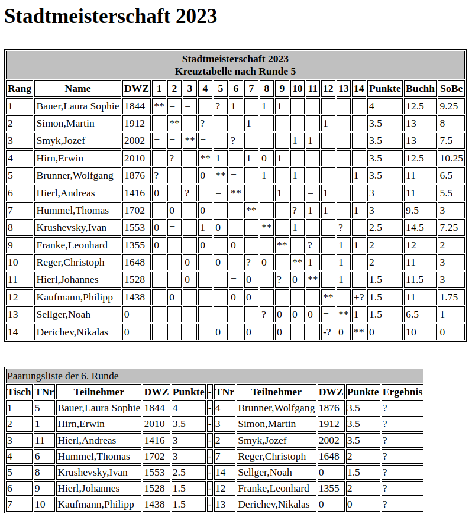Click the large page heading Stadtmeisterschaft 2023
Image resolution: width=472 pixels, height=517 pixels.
pos(111,17)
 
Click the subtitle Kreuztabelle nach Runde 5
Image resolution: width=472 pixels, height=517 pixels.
pos(235,71)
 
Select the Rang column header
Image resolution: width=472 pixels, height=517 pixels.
pos(19,89)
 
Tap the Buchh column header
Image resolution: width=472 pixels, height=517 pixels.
pos(420,89)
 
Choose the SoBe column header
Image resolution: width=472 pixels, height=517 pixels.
pos(451,89)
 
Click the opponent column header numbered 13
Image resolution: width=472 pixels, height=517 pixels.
pos(343,89)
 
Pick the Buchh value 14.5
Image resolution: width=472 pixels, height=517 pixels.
pos(415,227)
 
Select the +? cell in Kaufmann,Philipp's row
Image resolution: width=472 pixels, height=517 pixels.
pos(358,297)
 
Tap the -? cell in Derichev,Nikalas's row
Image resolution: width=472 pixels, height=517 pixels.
pos(326,332)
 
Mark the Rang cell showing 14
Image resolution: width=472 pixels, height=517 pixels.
pos(13,332)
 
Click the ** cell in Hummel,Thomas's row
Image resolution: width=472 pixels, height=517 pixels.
pos(251,210)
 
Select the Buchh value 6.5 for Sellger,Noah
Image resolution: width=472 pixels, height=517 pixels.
pos(412,314)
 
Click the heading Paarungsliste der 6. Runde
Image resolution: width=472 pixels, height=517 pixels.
pos(63,376)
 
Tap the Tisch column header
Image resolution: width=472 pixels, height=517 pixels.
pos(19,392)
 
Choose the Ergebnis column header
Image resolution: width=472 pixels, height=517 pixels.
pos(402,392)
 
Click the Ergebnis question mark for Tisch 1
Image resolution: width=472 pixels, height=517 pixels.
pos(385,408)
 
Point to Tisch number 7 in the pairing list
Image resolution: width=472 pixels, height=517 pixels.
pos(11,505)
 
